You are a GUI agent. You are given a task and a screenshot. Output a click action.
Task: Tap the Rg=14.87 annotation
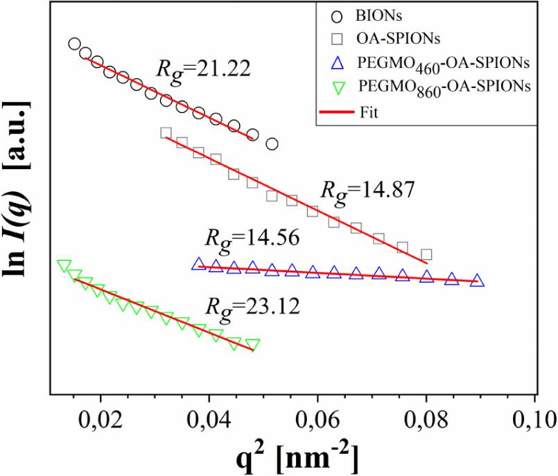tap(365, 190)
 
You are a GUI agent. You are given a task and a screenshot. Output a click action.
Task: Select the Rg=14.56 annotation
tap(252, 238)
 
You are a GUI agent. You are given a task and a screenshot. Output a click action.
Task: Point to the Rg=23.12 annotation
tap(252, 306)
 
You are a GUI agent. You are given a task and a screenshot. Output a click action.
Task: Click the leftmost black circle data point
tap(75, 44)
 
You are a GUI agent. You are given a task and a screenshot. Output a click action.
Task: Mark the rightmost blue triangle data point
tap(477, 281)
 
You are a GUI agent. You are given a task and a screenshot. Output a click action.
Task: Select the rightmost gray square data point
tap(426, 255)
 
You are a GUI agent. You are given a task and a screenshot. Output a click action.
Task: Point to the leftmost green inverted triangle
tap(64, 266)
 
